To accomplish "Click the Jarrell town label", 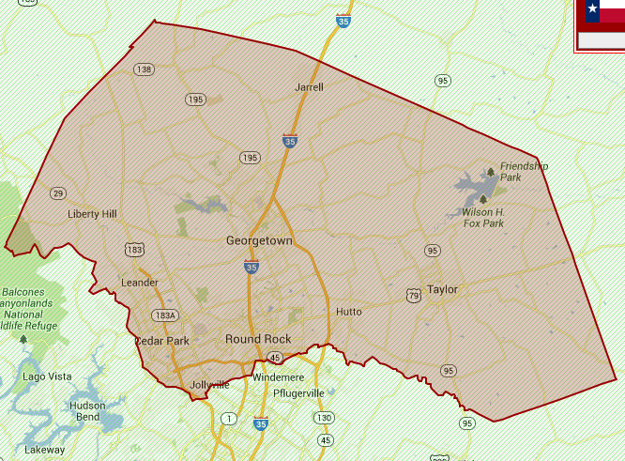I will tap(309, 87).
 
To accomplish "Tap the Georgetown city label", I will tap(259, 241).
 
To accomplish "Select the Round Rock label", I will tap(258, 339).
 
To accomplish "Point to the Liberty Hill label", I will tap(92, 214).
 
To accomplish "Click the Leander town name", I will tap(140, 283).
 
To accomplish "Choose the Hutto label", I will tap(348, 312).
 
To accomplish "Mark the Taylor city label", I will tap(442, 290).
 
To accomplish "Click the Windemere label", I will tap(278, 377).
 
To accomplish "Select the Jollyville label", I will tap(209, 385).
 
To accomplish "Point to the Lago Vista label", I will tap(47, 376).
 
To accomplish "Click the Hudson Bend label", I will tap(87, 410).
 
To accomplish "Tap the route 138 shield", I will tap(144, 69).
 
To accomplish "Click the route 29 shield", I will tap(58, 193).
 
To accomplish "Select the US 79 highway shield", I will tap(414, 296).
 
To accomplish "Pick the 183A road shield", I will tap(164, 315).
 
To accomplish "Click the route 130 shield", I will tap(325, 418).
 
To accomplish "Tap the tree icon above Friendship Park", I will tap(490, 172).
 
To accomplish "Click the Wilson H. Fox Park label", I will tap(483, 218).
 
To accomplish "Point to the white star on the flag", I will tap(592, 10).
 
